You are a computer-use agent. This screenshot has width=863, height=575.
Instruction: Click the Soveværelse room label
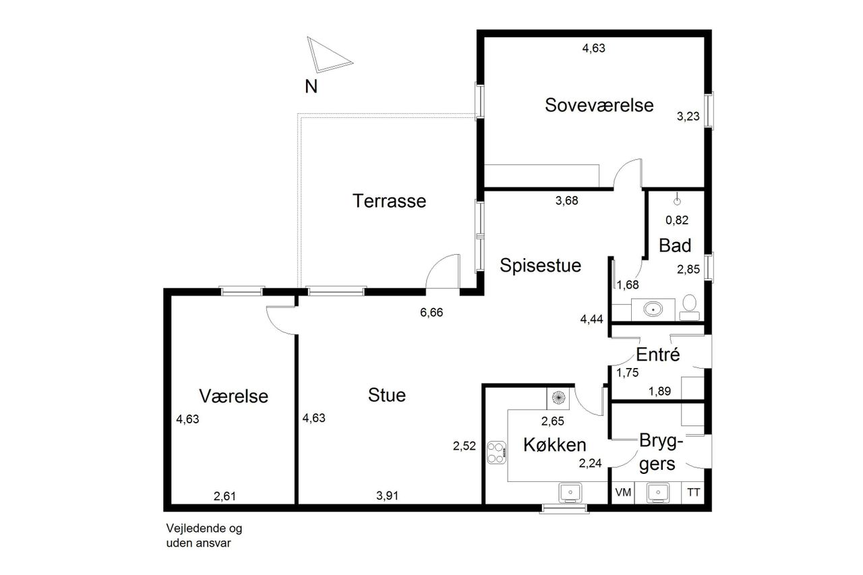coord(599,105)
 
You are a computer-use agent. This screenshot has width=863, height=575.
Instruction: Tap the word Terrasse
coord(389,201)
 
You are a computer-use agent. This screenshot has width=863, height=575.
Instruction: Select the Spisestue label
coord(540,266)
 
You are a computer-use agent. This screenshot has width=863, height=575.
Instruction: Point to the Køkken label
coord(555,445)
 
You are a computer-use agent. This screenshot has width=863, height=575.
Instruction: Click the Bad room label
coord(675,245)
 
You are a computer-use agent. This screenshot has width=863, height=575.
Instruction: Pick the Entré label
coord(657,355)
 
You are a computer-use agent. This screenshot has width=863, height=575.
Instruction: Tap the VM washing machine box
coord(623,492)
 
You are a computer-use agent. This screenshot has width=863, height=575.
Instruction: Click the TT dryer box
coord(693,492)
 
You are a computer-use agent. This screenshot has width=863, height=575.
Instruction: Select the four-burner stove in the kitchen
coord(496,453)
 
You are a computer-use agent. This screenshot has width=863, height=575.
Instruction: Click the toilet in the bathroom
coord(689,307)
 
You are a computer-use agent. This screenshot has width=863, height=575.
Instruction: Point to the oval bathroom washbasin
coord(653,309)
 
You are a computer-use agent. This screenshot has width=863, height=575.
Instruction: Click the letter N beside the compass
coord(311,87)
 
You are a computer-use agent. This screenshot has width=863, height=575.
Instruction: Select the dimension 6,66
coord(431,312)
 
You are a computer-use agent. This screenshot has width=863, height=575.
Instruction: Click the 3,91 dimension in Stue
coord(387,495)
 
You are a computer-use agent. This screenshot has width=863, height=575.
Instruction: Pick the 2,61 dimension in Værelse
coord(225,496)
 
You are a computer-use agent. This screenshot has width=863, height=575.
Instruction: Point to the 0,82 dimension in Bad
coord(677,220)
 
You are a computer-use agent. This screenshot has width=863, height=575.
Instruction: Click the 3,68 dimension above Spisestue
coord(567,201)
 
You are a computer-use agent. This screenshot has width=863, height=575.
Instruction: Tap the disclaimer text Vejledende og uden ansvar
coord(204,535)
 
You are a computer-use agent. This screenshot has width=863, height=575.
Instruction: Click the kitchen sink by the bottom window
coord(570,493)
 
